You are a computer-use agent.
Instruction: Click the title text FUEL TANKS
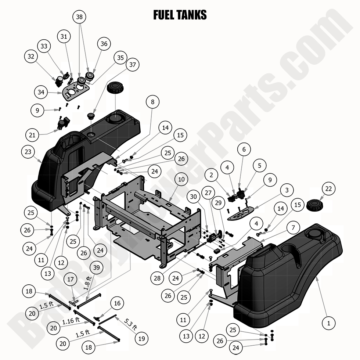tap(180, 15)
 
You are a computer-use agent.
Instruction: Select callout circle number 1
tap(328, 323)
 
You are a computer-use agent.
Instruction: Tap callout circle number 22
tap(328, 189)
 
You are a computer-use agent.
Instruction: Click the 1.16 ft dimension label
tap(71, 321)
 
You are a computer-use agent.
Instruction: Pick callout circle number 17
tap(71, 280)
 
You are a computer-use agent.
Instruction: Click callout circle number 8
tap(152, 102)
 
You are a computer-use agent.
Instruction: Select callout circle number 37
tap(133, 65)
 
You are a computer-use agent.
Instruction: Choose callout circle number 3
tap(287, 190)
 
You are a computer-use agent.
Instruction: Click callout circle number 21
tap(32, 135)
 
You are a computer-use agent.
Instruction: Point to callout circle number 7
tap(293, 228)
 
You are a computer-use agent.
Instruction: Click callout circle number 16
tap(117, 303)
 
